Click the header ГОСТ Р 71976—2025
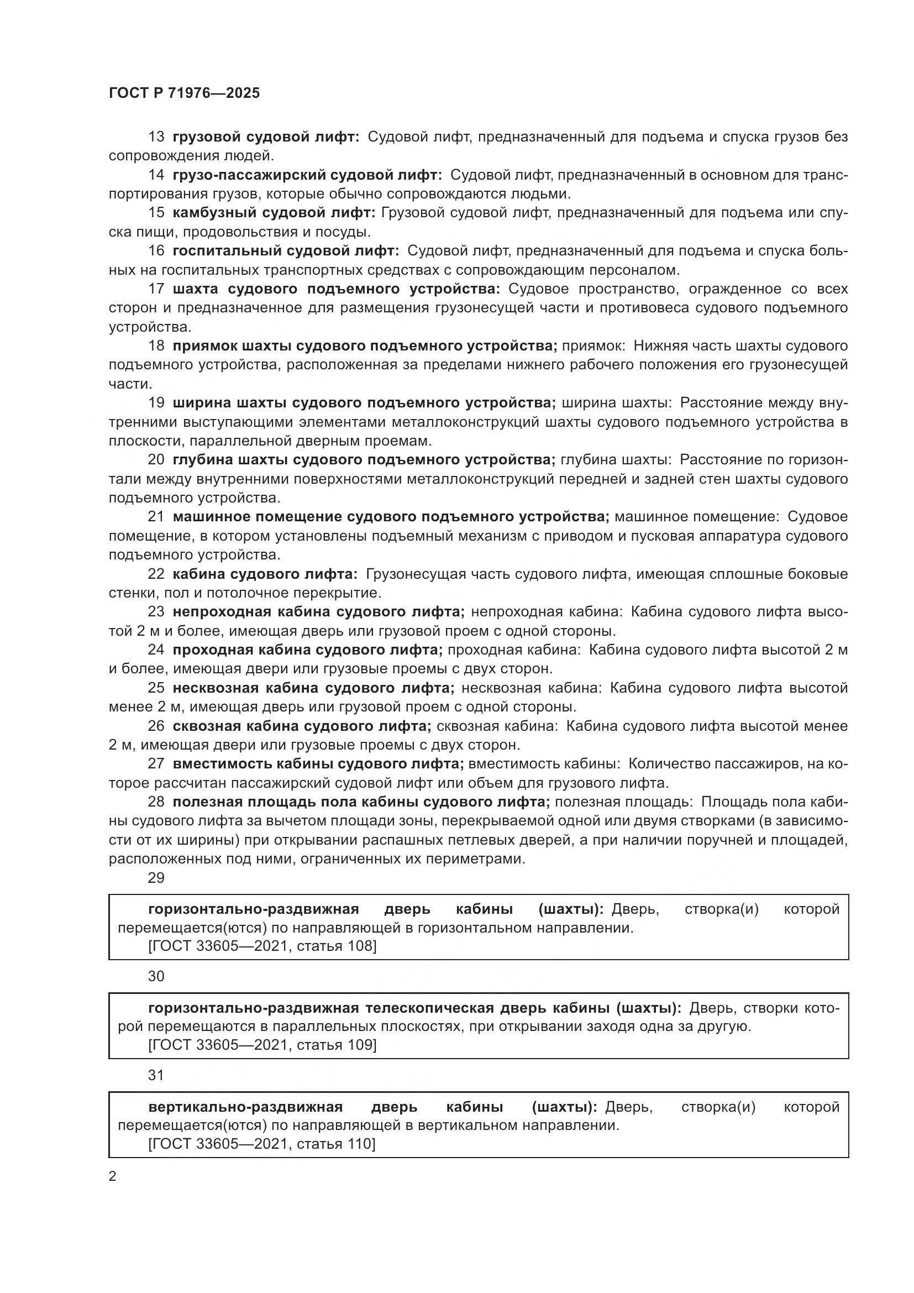184,93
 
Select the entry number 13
156,137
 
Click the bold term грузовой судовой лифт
265,137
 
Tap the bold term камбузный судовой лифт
274,213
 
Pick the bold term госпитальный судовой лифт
285,250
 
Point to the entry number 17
156,289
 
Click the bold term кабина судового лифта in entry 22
265,574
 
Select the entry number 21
156,517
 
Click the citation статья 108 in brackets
262,945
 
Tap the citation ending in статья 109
262,1045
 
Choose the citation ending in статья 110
262,1144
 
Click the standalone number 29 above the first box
156,878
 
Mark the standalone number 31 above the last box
156,1075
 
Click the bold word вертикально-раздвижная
245,1107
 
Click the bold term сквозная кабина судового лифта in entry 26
302,726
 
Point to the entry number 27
156,763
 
